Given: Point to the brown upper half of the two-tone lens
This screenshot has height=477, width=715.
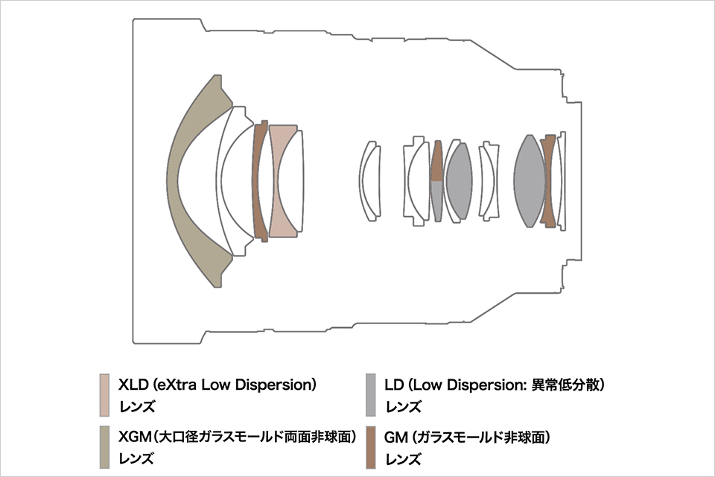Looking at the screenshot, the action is [437, 162].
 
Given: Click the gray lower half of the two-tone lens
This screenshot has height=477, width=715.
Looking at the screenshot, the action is [436, 200].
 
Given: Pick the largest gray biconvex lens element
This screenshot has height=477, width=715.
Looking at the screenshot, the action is [529, 181].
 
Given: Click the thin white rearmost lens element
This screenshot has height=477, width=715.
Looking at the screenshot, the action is [562, 181].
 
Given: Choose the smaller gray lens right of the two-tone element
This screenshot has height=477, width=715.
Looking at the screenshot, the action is [459, 181].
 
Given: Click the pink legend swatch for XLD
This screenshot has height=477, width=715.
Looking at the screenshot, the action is [104, 395].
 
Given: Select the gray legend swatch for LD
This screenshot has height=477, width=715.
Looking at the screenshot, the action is [371, 395].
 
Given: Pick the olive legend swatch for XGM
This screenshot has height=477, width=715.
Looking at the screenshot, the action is [104, 447].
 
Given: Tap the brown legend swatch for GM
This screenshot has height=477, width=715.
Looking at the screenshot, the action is [371, 447].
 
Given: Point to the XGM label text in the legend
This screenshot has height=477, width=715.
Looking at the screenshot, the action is [135, 437].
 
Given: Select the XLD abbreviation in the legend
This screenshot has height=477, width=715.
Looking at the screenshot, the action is [133, 385].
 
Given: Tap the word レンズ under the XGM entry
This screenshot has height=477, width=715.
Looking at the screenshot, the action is [137, 459].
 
